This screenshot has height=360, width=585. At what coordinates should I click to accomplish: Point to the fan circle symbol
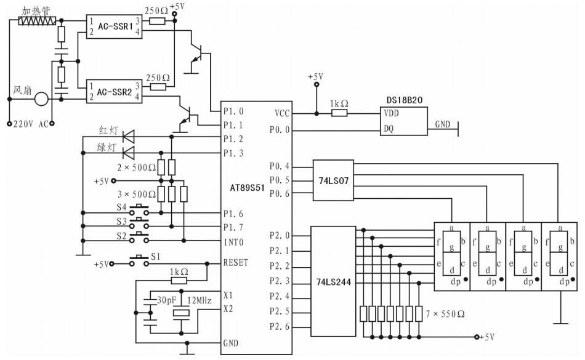click(41, 98)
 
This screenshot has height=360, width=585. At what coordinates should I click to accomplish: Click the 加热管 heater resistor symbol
click(37, 21)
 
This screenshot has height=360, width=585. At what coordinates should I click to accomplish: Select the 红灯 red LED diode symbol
click(129, 136)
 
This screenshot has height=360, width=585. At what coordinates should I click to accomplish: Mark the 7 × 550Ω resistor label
click(445, 314)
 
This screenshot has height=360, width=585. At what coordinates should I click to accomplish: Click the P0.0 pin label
click(280, 130)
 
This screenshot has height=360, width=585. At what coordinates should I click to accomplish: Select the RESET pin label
click(236, 262)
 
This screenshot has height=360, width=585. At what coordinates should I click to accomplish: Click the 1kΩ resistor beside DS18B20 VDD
click(340, 113)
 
